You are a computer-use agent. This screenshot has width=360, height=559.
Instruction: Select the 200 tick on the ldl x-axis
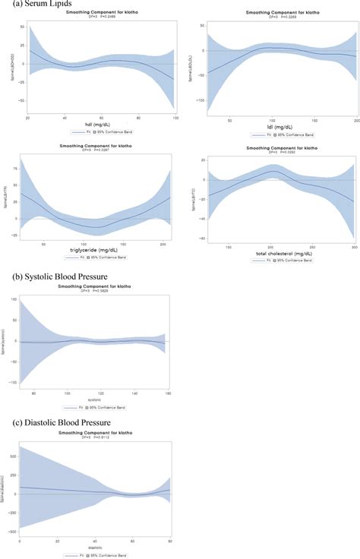[x=355, y=120]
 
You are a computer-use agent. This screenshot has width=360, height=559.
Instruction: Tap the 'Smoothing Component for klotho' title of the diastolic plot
[x=95, y=433]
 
